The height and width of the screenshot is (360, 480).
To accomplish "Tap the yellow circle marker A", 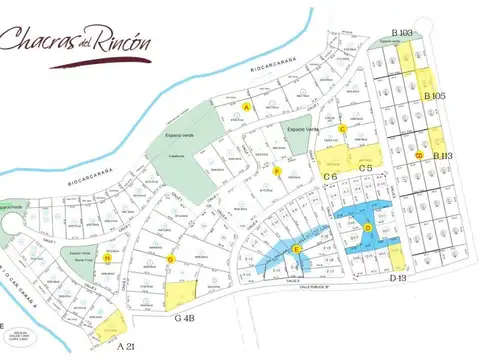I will [x=247, y=106].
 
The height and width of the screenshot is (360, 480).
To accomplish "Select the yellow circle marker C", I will [x=343, y=128].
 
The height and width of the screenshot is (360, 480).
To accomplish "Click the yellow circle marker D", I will [x=368, y=228].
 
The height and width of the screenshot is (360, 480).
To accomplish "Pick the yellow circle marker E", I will [x=296, y=248].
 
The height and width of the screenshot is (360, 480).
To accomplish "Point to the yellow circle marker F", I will [x=276, y=171].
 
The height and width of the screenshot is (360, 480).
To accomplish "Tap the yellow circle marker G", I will [x=171, y=260].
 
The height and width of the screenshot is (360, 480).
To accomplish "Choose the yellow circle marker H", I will [x=107, y=257].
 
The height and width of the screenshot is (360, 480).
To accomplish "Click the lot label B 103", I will [x=402, y=33].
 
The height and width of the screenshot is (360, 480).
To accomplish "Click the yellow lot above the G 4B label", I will [x=181, y=295].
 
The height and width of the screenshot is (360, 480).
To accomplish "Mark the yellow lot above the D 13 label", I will [x=398, y=258].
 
